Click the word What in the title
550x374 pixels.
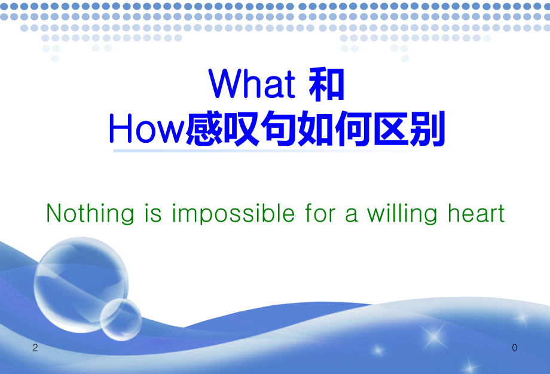pyautogui.click(x=252, y=84)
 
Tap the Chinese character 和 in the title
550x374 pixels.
pyautogui.click(x=326, y=84)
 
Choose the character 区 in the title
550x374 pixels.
pyautogui.click(x=390, y=130)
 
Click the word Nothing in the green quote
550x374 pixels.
pyautogui.click(x=90, y=213)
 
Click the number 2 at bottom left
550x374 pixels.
pyautogui.click(x=35, y=348)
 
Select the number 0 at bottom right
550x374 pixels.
pyautogui.click(x=514, y=348)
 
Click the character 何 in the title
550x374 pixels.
pyautogui.click(x=353, y=130)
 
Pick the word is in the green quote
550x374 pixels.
pyautogui.click(x=152, y=213)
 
